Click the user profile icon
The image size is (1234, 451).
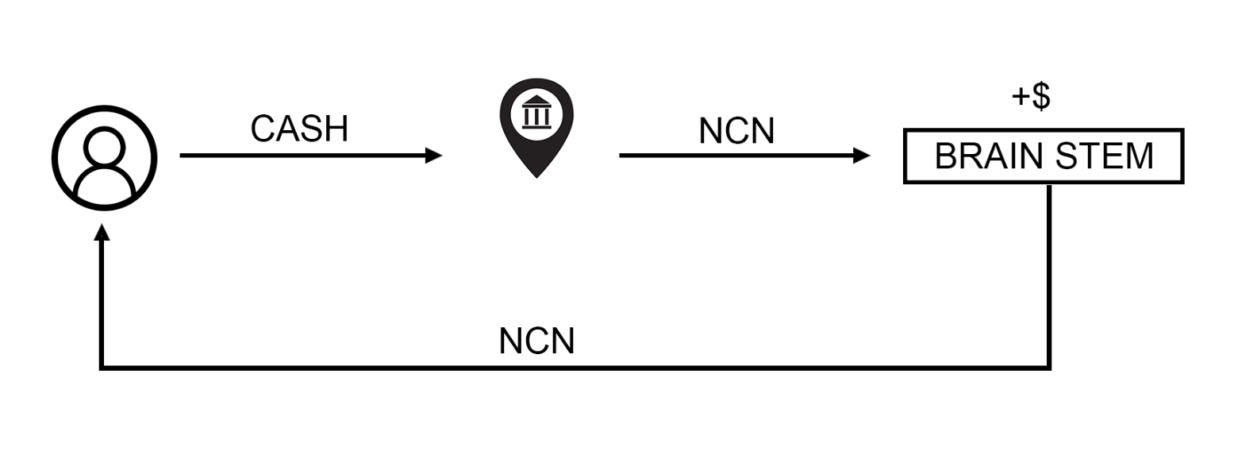pos(104,157)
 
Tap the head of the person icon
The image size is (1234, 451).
pos(104,147)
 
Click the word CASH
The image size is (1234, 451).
pos(299,129)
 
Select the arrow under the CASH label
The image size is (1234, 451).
pos(302,156)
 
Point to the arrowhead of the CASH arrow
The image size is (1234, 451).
pos(434,156)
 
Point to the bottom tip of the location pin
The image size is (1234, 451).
pos(536,176)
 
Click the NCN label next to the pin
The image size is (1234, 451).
pos(736,131)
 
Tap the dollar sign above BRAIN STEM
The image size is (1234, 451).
pos(1041,96)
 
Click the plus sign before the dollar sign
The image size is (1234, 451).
pos(1021,98)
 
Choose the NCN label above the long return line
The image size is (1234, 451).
pos(536,341)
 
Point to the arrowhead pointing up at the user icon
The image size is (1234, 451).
pos(102,231)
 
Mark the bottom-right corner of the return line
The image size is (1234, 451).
pos(1049,368)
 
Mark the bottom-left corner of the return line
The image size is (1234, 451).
pos(102,368)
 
